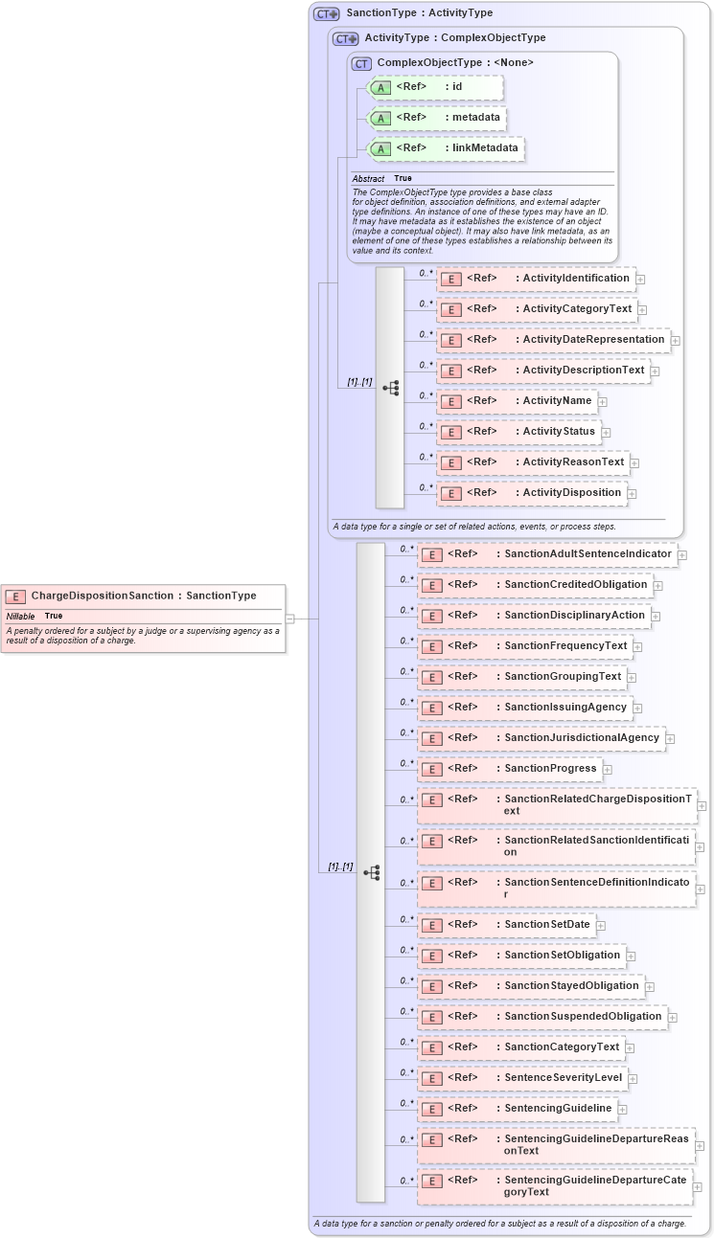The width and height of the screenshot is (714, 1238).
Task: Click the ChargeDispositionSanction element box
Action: point(143,596)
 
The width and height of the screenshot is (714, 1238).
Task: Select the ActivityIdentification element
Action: point(536,279)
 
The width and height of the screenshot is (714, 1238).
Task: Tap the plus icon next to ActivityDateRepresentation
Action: point(676,340)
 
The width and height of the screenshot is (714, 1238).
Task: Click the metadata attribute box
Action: point(437,118)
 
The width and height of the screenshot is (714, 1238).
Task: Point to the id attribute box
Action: point(434,87)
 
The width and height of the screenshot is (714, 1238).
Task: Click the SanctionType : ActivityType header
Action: point(419,13)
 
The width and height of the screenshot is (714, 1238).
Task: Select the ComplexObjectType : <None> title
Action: point(455,62)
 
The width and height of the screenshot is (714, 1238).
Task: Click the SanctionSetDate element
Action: point(506,925)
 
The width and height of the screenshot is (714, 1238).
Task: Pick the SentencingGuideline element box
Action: point(517,1109)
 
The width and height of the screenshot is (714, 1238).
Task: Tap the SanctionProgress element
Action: point(509,769)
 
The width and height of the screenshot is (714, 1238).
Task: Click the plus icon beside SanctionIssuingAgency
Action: point(638,708)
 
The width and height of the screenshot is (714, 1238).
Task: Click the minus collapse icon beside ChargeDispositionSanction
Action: point(289,619)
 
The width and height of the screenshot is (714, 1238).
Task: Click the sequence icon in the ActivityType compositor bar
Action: point(390,388)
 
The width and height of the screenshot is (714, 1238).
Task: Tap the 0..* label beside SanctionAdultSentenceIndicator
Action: point(406,549)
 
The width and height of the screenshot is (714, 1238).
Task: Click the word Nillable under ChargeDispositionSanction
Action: point(20,616)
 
